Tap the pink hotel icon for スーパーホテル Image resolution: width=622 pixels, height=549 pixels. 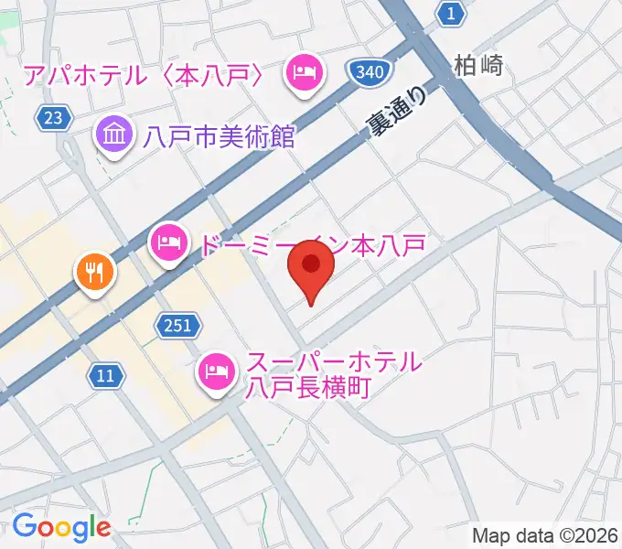pos(217,371)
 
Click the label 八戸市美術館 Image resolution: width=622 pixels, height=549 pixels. pos(220,137)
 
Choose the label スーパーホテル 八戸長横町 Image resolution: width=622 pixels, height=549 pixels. pos(333,374)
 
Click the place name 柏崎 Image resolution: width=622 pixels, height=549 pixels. pos(478,66)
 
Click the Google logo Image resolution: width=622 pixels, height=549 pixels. pos(61,527)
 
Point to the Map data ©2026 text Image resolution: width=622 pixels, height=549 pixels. pos(545,535)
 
